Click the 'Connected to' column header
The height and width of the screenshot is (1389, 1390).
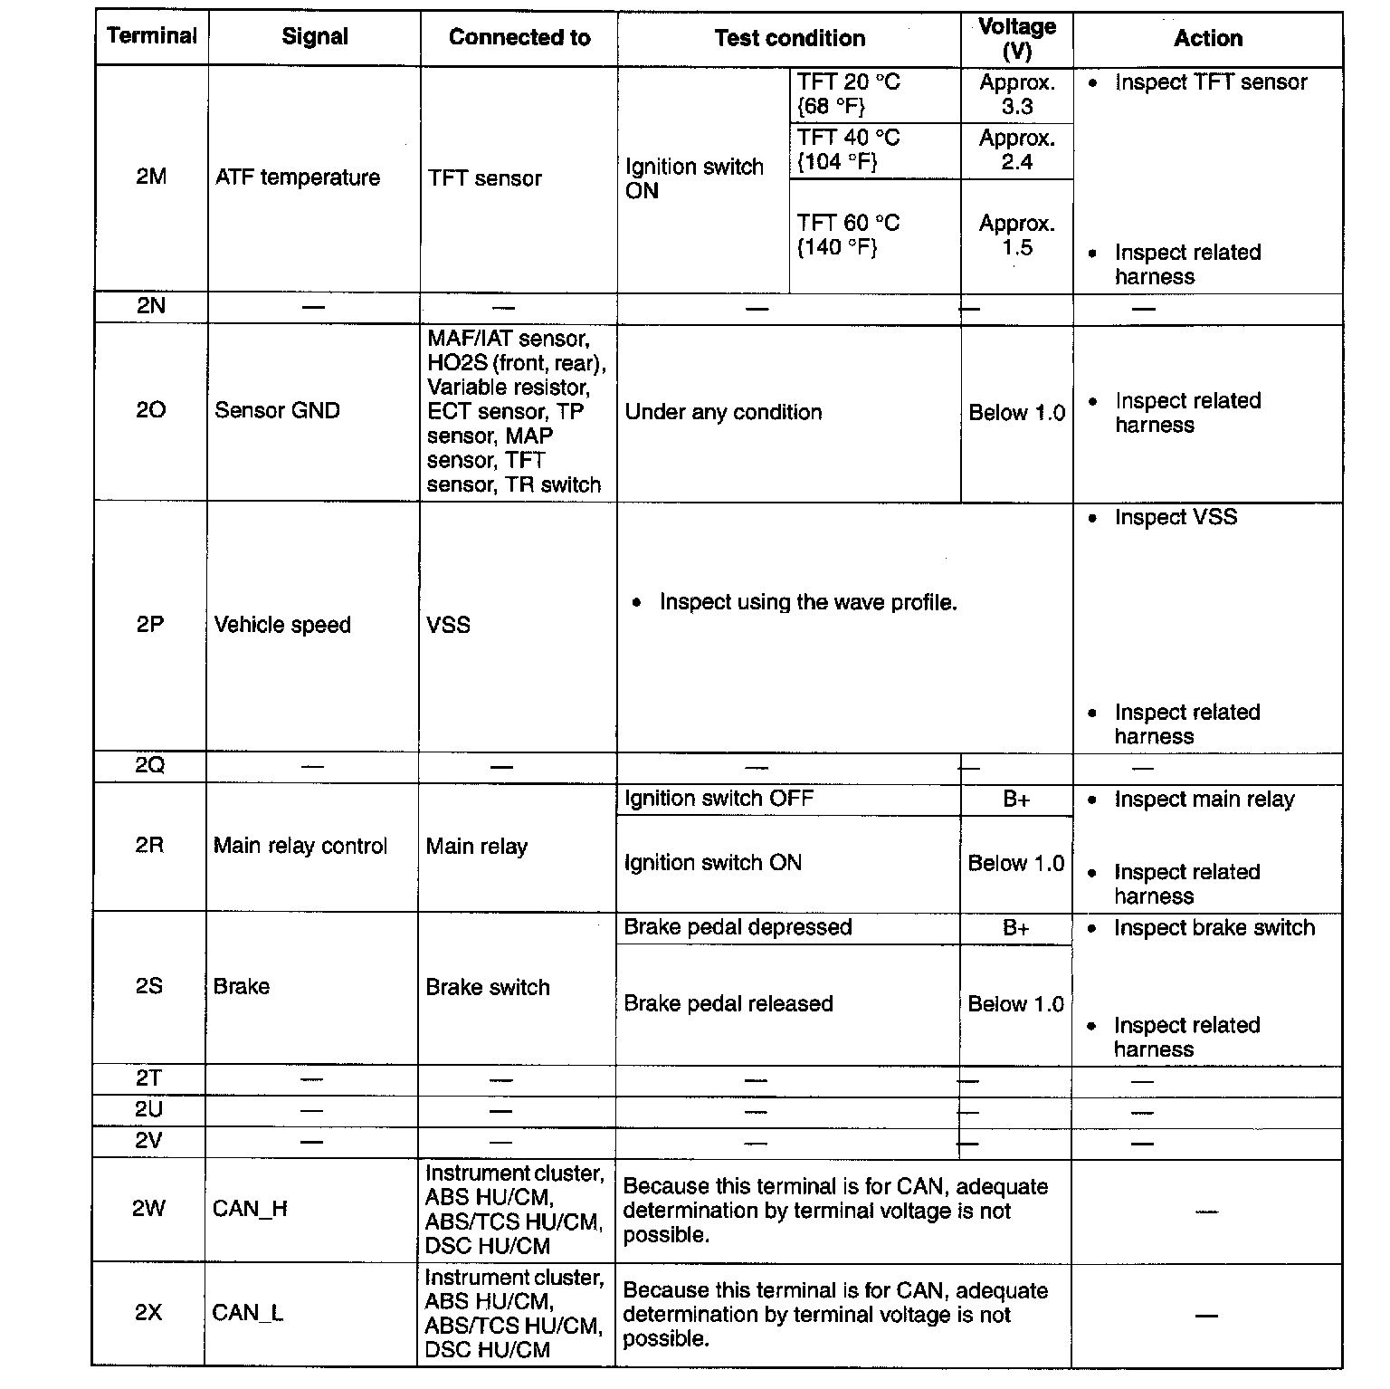point(519,38)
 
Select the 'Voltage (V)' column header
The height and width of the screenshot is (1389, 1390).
point(1016,39)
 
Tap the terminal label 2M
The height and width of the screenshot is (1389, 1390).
point(151,177)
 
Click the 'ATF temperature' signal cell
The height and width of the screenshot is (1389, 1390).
point(298,177)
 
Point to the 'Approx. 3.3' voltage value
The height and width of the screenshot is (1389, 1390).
point(1016,94)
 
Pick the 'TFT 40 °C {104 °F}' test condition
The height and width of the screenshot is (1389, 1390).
point(848,149)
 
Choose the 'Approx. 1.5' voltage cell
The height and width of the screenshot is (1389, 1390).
point(1016,235)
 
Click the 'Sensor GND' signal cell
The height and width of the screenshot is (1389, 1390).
point(277,410)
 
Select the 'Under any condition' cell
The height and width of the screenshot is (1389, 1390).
point(723,412)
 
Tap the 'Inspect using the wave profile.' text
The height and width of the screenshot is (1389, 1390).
point(807,602)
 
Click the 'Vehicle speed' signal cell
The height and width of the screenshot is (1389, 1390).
point(282,625)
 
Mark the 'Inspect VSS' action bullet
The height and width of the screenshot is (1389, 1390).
point(1175,517)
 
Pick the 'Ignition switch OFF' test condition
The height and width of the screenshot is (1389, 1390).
point(719,799)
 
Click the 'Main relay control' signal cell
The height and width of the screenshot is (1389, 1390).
point(300,846)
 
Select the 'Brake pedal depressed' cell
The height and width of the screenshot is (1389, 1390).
point(738,927)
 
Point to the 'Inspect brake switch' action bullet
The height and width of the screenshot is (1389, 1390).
point(1213,928)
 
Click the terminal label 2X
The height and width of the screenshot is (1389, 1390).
point(148,1312)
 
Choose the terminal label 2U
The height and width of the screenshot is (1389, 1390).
point(148,1110)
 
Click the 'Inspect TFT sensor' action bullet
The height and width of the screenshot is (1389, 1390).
point(1210,82)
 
